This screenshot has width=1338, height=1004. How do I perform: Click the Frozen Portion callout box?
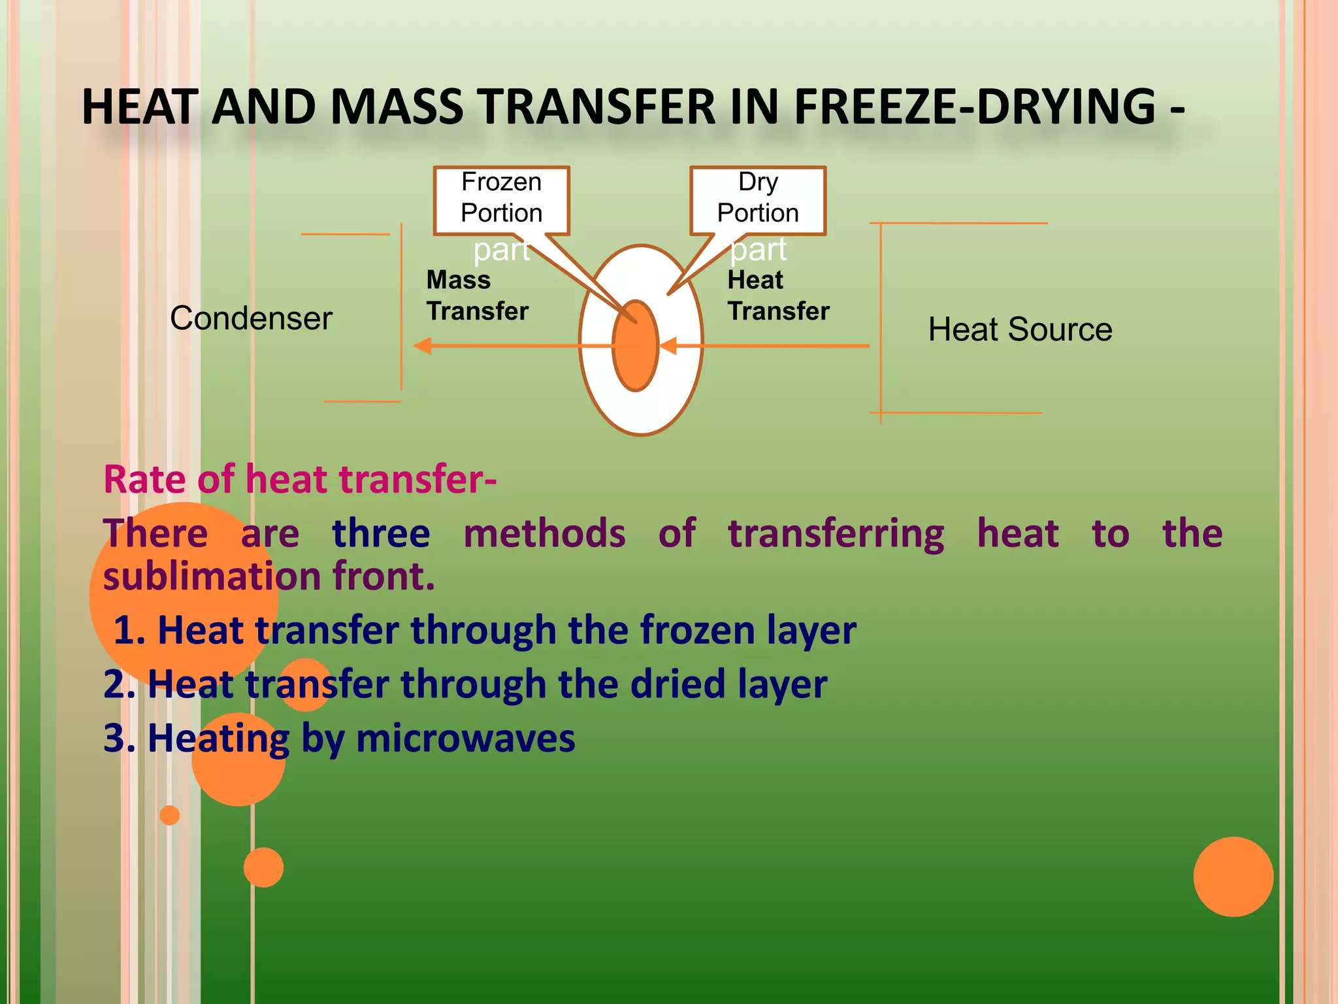pos(501,200)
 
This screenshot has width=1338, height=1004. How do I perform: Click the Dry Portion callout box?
pos(758,200)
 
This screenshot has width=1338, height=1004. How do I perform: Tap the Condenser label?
pos(251,319)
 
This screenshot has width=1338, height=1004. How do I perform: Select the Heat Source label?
pos(1020,329)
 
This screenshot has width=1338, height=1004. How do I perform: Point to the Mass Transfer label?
pos(477,295)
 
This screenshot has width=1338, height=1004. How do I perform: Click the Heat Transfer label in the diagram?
pos(778,295)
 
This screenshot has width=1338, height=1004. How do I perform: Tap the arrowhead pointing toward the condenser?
pos(423,346)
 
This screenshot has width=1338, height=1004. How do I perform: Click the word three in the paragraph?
pos(381,534)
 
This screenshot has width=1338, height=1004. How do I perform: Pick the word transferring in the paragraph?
pos(836,534)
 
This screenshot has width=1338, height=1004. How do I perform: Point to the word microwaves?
pos(465,739)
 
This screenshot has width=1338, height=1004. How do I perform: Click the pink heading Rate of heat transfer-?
pos(300,479)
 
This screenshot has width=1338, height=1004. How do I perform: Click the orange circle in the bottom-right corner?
pos(1233,877)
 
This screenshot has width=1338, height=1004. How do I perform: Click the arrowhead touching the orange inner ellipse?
pos(668,346)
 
